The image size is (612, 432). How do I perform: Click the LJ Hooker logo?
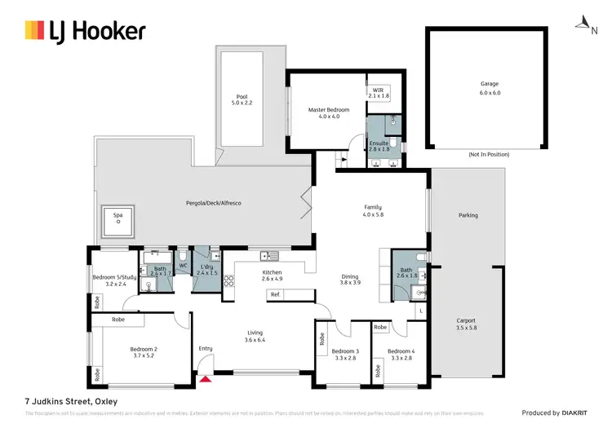[86, 31]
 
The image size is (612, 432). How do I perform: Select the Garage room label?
[489, 84]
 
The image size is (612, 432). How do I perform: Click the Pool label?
[242, 97]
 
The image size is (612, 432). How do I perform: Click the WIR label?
[379, 90]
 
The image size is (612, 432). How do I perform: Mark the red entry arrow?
[206, 377]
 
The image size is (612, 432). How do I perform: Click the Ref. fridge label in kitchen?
[276, 293]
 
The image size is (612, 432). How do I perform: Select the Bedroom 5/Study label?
[114, 277]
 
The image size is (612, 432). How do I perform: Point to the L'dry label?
[206, 266]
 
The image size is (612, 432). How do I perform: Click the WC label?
[184, 265]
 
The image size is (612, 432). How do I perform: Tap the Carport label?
[466, 320]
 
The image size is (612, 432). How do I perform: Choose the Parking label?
[468, 215]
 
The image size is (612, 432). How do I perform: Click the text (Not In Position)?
[489, 154]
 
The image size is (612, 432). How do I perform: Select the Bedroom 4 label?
[402, 351]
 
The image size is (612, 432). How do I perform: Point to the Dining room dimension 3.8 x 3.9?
[349, 283]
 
